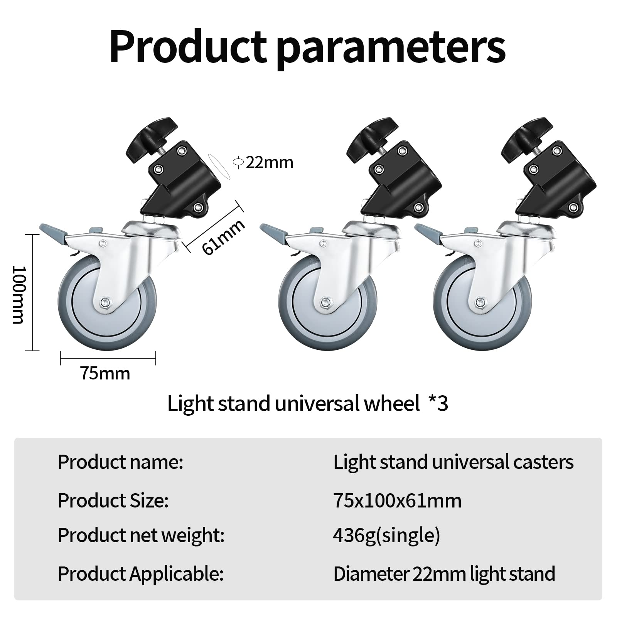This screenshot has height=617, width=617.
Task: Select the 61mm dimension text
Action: coord(223,238)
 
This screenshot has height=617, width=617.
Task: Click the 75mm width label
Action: coord(105,373)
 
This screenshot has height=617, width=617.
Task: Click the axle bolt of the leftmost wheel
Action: coord(105,302)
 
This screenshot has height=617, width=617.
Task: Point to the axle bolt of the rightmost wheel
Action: coord(480,302)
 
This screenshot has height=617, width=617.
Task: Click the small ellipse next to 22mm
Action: coord(219,166)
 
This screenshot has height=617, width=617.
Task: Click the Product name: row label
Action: coord(120,462)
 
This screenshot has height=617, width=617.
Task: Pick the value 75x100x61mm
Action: coord(397,501)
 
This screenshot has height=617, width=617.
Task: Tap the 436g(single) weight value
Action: coord(386,535)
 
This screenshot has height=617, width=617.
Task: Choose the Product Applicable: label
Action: coord(141,574)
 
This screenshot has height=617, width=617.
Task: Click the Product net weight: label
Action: coord(141,535)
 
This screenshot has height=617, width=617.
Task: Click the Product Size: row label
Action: coord(113,501)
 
